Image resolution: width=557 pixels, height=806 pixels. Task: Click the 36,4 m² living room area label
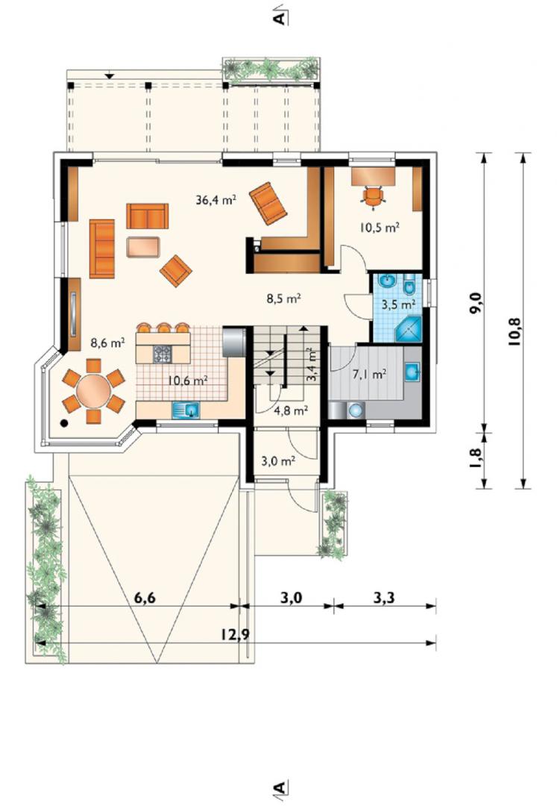click(x=215, y=199)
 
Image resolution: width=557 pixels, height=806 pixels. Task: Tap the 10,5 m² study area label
click(x=380, y=227)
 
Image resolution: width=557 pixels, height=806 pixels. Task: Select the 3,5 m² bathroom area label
click(x=398, y=304)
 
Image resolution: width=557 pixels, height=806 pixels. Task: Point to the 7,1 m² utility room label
click(x=370, y=375)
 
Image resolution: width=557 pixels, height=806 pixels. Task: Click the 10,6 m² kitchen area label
click(x=187, y=381)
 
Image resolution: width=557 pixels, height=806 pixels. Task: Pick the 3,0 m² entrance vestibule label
click(x=278, y=461)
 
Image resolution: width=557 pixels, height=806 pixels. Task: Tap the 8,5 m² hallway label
click(x=283, y=298)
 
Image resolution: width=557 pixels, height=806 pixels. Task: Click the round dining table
click(x=93, y=391)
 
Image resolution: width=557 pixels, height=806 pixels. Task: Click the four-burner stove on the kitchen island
click(x=163, y=354)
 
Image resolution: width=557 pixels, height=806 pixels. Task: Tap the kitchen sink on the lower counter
click(x=186, y=410)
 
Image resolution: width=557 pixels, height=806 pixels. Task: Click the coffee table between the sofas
click(x=143, y=247)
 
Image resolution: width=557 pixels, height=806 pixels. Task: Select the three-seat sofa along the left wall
click(x=101, y=249)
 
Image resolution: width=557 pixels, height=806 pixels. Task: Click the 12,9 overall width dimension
click(x=236, y=634)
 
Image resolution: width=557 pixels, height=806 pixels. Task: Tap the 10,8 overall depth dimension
click(x=514, y=331)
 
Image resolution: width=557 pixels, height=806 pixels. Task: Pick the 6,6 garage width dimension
click(x=145, y=598)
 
